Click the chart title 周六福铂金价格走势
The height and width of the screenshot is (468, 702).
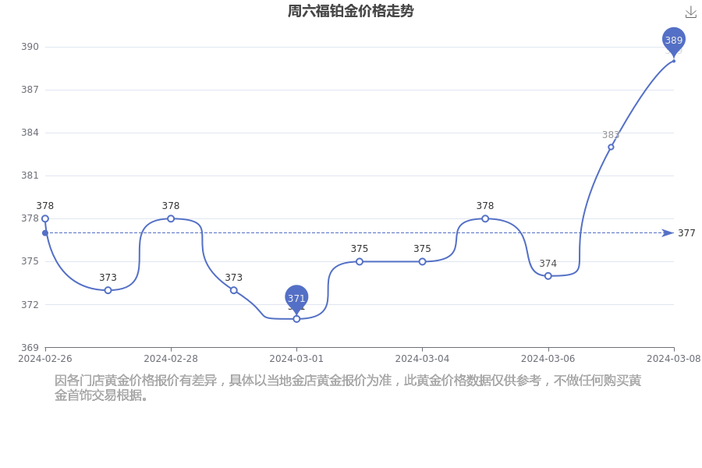(350, 11)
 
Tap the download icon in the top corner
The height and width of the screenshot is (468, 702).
(691, 12)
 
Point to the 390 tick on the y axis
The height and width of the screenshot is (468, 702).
(30, 47)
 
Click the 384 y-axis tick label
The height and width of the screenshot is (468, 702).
(30, 133)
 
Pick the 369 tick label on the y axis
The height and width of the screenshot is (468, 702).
(30, 348)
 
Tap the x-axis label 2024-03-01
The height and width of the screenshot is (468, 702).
(296, 359)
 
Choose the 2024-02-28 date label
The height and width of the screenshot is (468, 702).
(171, 359)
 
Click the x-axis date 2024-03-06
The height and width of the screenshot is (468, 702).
(548, 359)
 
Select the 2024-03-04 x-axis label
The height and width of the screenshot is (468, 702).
(422, 359)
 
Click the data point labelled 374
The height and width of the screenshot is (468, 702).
(548, 276)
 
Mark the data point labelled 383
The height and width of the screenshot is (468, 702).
(611, 147)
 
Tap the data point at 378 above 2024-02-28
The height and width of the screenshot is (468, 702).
(171, 218)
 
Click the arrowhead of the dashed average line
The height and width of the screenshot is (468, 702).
(668, 233)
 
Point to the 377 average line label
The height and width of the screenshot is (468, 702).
(686, 233)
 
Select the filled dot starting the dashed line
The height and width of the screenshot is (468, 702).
(44, 233)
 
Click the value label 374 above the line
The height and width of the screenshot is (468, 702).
(548, 264)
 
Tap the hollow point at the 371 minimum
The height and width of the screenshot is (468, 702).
(296, 319)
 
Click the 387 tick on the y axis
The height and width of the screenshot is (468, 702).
(30, 90)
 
